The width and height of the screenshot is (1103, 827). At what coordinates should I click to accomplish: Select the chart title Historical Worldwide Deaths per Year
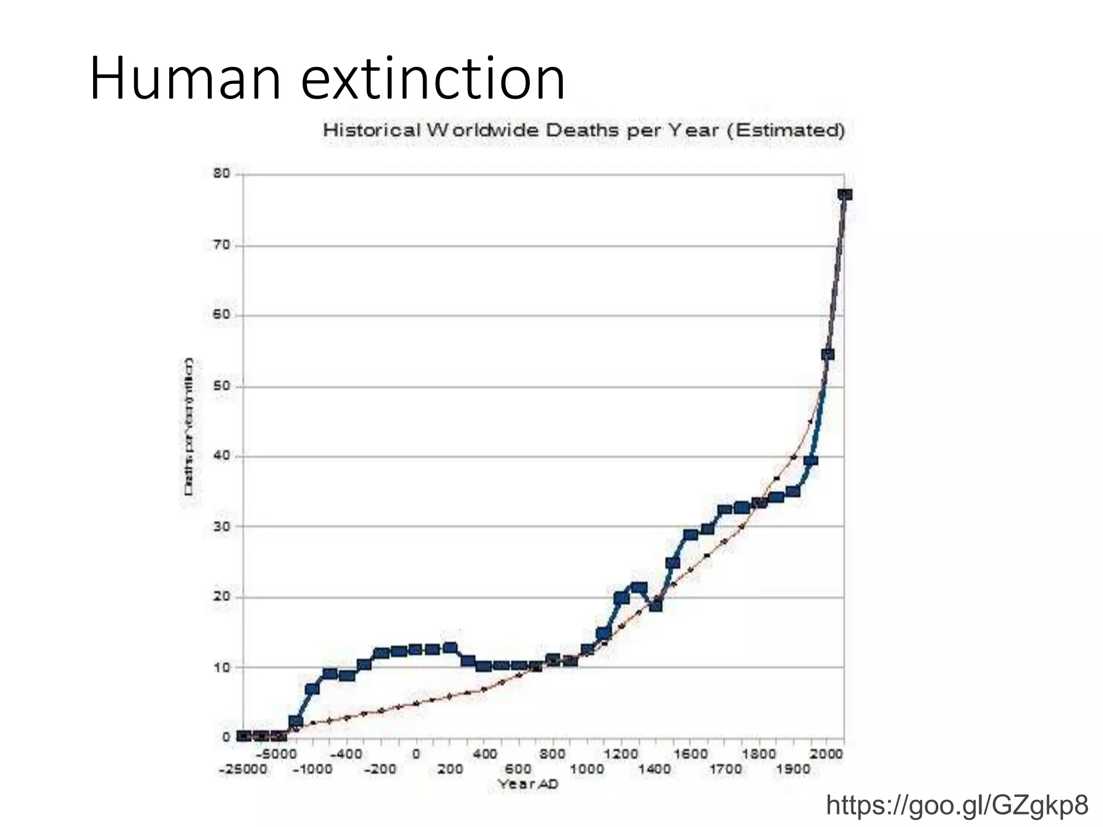(583, 130)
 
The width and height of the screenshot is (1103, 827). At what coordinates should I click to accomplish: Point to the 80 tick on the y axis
(221, 174)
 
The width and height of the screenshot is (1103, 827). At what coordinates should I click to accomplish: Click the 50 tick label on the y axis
(221, 387)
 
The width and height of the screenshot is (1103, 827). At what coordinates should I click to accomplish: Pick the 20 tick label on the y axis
(221, 597)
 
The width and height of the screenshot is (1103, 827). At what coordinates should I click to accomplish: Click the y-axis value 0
(226, 737)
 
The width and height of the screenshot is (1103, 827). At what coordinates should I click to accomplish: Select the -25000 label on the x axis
(243, 769)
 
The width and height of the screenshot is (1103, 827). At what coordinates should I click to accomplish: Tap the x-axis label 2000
(826, 754)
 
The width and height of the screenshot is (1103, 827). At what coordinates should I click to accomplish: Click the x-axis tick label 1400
(654, 769)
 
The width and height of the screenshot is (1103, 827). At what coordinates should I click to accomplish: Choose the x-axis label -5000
(277, 754)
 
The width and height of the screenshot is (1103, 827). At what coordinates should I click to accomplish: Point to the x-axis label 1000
(587, 769)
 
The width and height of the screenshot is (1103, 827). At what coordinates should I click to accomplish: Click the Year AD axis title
(528, 784)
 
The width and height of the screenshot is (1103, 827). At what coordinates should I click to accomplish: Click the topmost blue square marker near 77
(844, 194)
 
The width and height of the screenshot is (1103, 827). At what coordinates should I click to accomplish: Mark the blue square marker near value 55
(828, 354)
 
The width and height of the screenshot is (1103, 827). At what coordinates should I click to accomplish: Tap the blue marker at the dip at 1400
(655, 606)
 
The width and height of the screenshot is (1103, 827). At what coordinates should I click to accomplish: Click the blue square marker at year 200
(450, 648)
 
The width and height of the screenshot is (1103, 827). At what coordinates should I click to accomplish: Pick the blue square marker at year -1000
(312, 689)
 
